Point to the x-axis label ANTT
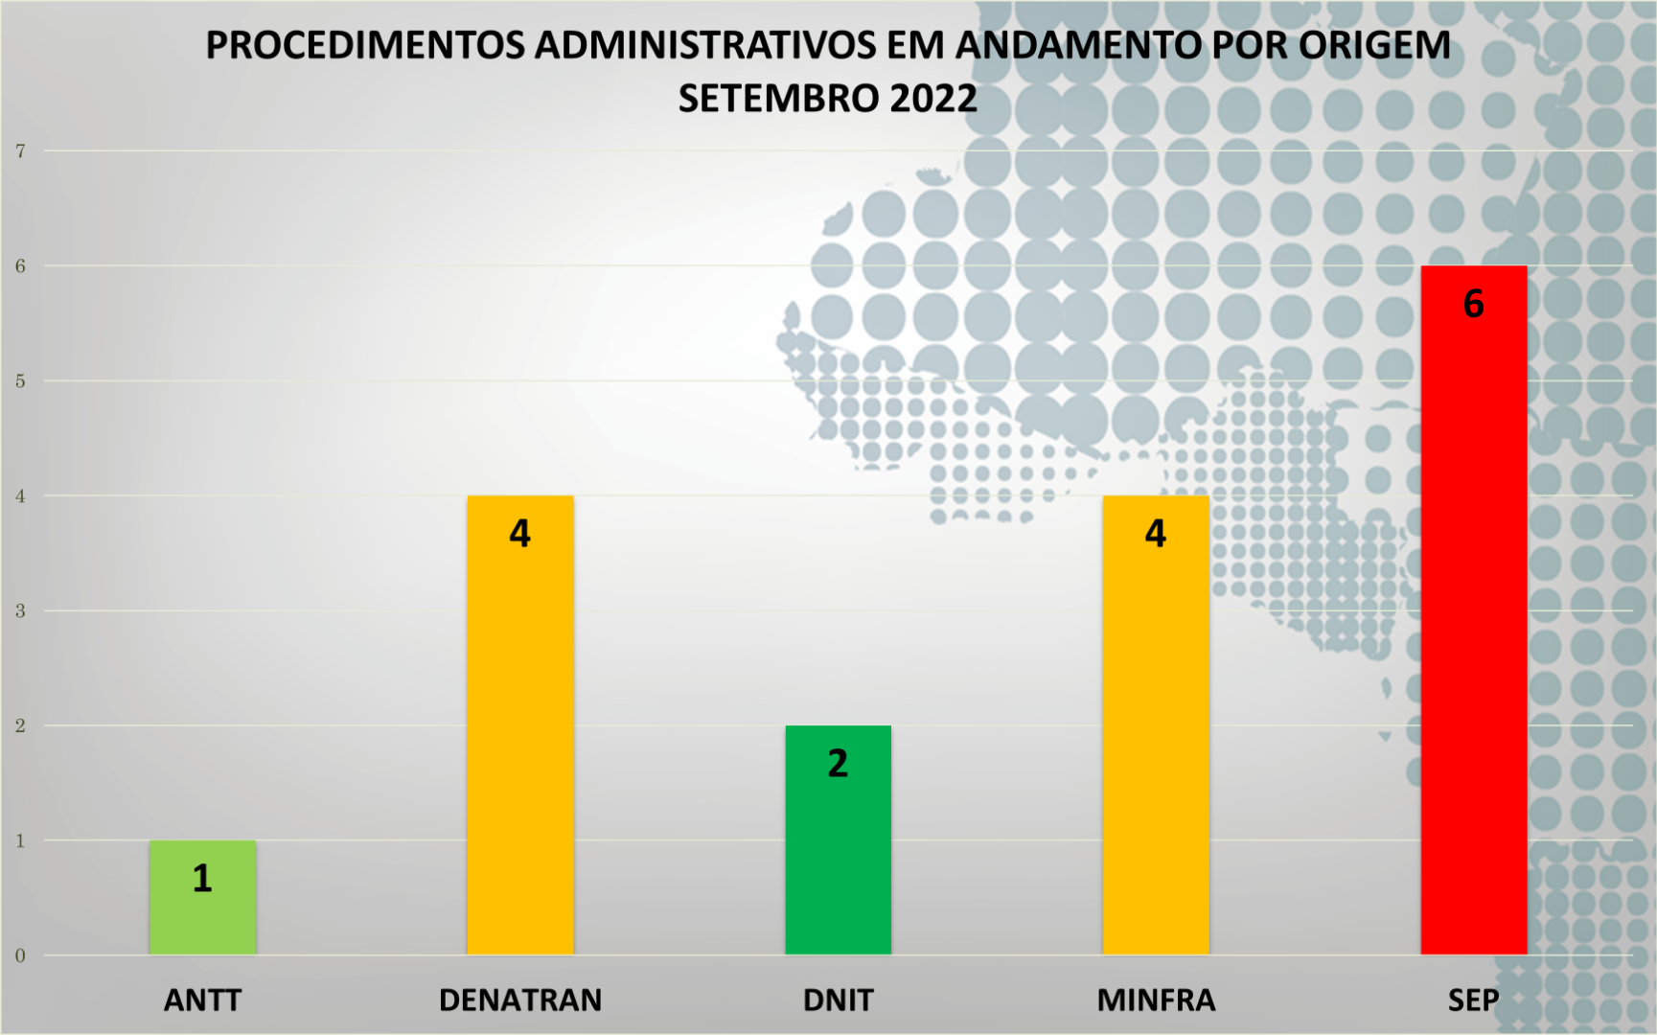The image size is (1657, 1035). point(202,1000)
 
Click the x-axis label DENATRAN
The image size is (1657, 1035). point(519,1000)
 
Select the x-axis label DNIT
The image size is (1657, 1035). point(838,1000)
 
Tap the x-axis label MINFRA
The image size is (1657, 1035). point(1156,1000)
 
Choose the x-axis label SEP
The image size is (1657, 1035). point(1473,1000)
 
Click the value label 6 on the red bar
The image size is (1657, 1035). point(1473,304)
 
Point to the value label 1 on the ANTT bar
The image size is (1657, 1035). point(202,879)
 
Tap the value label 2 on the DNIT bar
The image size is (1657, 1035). point(838,764)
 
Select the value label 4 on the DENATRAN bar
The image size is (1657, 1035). point(519,534)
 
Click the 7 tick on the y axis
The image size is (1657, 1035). point(20,150)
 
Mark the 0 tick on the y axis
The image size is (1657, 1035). point(20,955)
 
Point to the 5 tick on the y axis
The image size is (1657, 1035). point(20,380)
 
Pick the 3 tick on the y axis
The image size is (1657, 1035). point(20,610)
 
